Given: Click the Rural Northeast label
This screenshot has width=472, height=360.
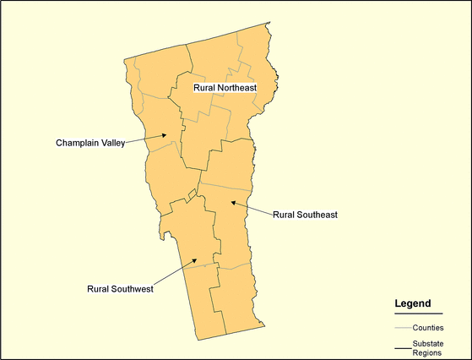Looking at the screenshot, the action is [225, 87].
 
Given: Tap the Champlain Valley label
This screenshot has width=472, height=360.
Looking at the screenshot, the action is [90, 142].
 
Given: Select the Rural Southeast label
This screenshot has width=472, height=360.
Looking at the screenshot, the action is [305, 215].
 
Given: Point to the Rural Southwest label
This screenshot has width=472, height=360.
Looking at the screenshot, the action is [120, 288].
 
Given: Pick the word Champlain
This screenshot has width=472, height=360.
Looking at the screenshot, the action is [78, 142].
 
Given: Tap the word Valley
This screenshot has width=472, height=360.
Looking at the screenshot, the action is [113, 142].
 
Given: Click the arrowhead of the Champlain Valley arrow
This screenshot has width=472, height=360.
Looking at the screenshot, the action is [168, 135].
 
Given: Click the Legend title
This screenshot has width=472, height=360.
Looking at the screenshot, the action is [413, 303].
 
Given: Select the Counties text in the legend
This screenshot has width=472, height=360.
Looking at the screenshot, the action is [429, 327].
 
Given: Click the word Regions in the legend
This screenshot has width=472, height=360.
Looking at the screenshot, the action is [429, 352].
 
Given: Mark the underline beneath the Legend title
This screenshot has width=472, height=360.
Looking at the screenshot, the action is [418, 314].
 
